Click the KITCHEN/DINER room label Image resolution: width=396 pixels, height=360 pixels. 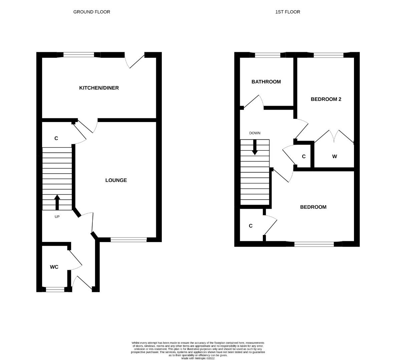(99, 88)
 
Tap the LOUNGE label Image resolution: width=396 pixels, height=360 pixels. (116, 180)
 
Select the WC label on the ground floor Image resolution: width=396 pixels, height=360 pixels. (54, 267)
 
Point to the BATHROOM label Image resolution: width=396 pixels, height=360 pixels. (266, 82)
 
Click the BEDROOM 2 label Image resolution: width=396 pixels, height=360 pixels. (326, 99)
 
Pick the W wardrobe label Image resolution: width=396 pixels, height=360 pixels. (334, 156)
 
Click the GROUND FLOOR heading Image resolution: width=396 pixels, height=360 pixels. (91, 12)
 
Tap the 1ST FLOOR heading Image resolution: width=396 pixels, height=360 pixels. (287, 12)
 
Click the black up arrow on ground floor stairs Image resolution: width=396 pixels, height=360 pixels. (57, 202)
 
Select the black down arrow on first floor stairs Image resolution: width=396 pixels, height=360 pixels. (255, 147)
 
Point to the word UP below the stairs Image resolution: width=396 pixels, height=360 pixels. (57, 217)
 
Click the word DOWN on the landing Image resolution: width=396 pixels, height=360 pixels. (255, 133)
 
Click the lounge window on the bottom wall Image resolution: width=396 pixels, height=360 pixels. (128, 239)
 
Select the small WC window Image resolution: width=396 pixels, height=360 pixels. (55, 290)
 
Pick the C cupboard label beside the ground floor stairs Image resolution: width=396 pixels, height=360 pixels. (56, 138)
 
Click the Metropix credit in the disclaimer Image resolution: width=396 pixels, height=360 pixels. (198, 358)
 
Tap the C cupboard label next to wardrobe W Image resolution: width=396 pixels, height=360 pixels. (304, 156)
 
